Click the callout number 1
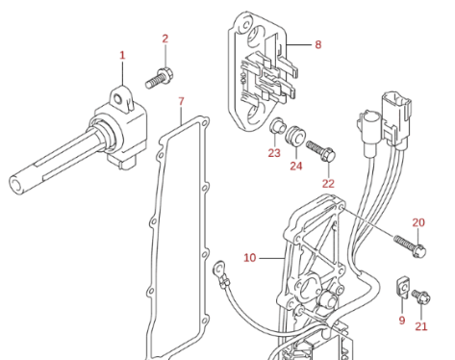122,55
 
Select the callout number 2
165,39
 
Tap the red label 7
181,101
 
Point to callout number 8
317,44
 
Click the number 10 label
250,258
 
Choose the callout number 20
418,222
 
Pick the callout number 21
421,326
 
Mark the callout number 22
328,184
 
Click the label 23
274,153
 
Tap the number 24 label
296,166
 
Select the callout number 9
402,320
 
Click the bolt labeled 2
160,78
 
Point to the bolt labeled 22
320,150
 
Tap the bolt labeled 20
410,246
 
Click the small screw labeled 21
421,296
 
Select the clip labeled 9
402,287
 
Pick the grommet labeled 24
295,136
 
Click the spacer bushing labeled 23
277,125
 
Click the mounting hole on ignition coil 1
119,98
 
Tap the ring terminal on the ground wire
219,268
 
